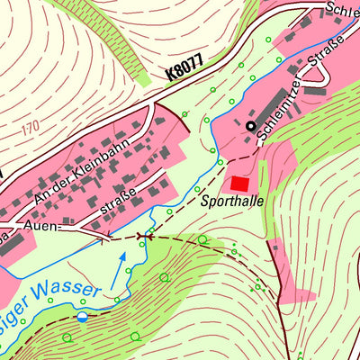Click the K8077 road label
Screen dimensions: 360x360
click(x=185, y=67)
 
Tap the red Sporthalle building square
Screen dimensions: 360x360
click(x=240, y=183)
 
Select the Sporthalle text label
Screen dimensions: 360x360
click(x=233, y=202)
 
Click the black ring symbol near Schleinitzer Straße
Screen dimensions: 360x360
click(x=250, y=126)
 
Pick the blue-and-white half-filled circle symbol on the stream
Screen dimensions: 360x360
click(x=83, y=316)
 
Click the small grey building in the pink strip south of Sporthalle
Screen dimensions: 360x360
click(x=274, y=246)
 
